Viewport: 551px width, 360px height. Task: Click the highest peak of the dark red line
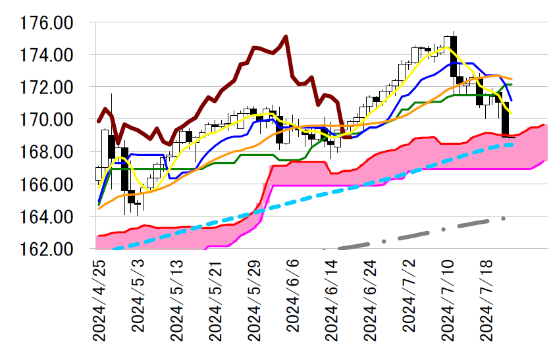click(286, 36)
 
